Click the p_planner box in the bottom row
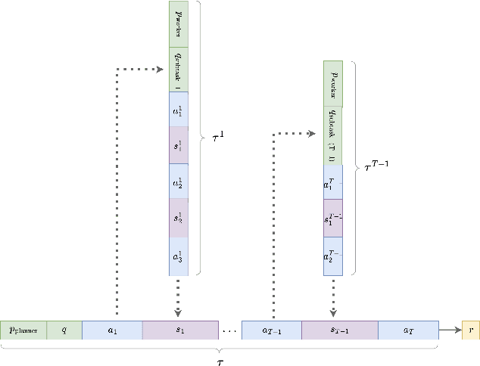[x=23, y=330]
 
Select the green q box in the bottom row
[x=64, y=330]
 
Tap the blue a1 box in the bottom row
[x=112, y=330]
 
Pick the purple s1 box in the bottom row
[x=180, y=330]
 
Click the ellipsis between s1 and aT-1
[x=229, y=330]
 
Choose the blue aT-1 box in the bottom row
[x=271, y=330]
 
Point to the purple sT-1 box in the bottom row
[x=339, y=330]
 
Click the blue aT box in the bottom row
[x=408, y=330]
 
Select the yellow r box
[x=471, y=330]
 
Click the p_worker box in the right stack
[x=333, y=82]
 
